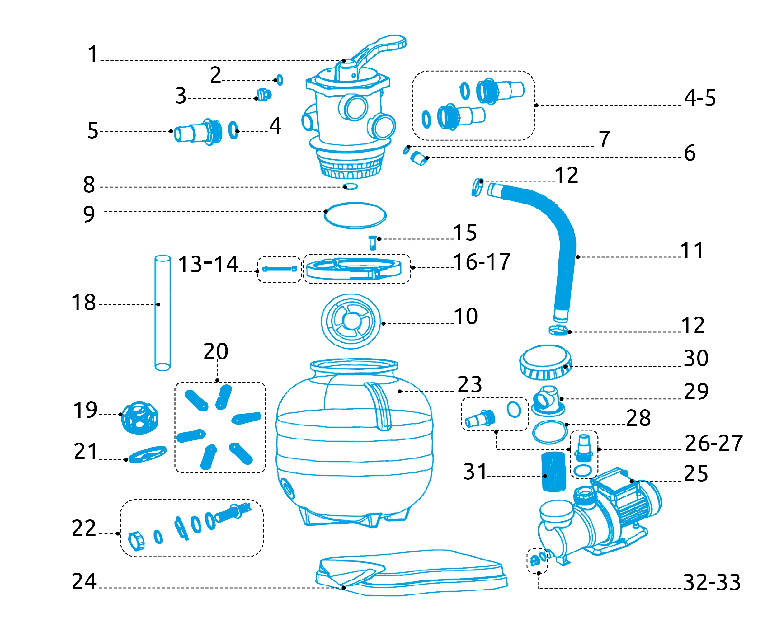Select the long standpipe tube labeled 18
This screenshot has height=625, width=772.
point(162,312)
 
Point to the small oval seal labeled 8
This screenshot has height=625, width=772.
point(350,186)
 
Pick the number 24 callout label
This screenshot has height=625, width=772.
point(84,581)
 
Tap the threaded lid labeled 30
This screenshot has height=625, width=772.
point(545,362)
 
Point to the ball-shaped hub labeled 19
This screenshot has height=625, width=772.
point(140,418)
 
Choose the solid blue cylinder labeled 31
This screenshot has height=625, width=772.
point(553,472)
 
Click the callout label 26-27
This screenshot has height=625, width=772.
point(714,443)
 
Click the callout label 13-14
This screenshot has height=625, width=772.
point(208,264)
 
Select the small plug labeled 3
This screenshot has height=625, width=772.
point(264,95)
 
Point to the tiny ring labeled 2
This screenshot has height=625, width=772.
point(280,80)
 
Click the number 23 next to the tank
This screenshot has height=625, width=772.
point(469,384)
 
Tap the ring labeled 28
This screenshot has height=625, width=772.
point(549,432)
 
